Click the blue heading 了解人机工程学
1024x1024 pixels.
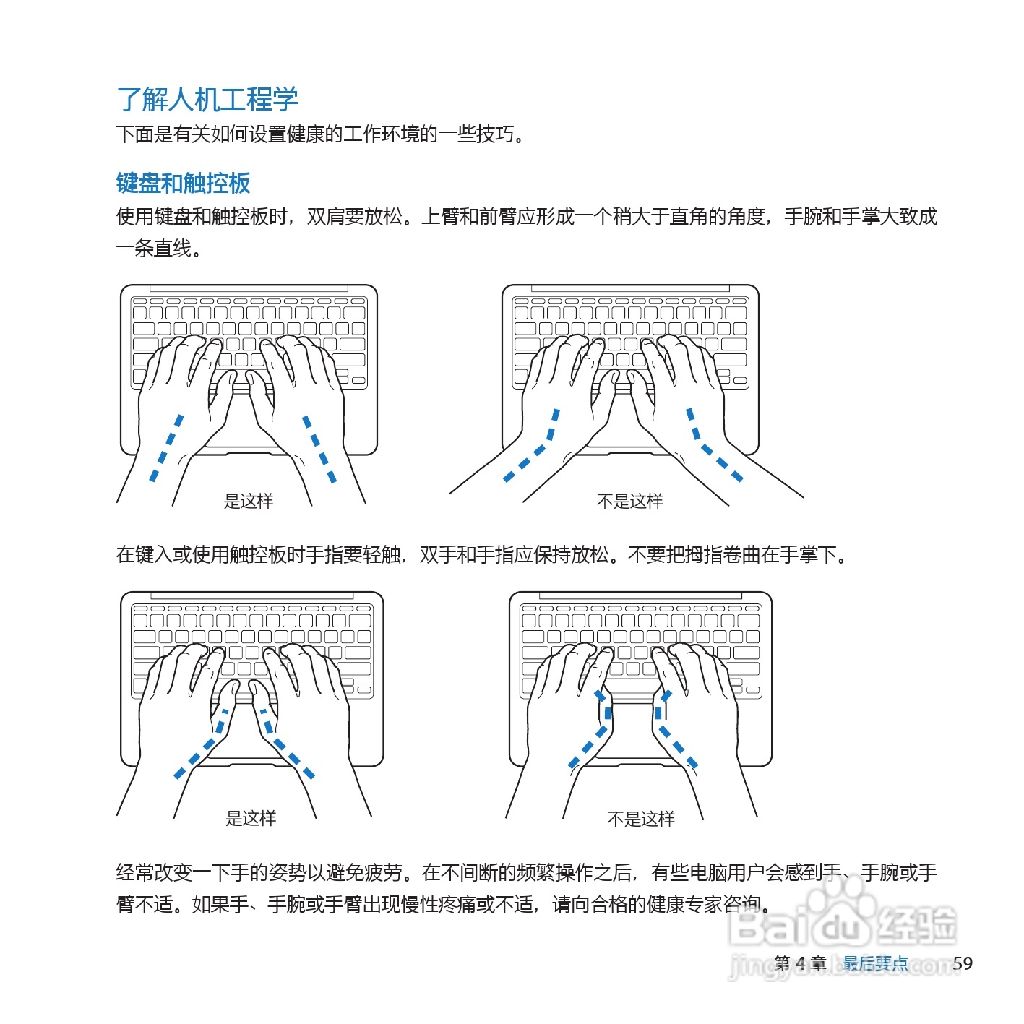[207, 99]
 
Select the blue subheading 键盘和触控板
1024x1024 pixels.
[183, 183]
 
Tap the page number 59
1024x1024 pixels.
[962, 963]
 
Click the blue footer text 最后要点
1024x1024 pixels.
[875, 963]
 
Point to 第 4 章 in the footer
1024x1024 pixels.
[800, 963]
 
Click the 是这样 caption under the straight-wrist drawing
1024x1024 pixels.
[249, 501]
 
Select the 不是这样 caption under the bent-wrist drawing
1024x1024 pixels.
[629, 501]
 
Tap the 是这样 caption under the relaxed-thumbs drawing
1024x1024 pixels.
[251, 818]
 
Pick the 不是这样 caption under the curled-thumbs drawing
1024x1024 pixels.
[640, 819]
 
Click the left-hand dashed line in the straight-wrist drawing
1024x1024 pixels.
[166, 448]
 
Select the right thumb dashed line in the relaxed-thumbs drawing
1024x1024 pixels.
[285, 744]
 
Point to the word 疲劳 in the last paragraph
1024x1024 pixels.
[384, 873]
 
